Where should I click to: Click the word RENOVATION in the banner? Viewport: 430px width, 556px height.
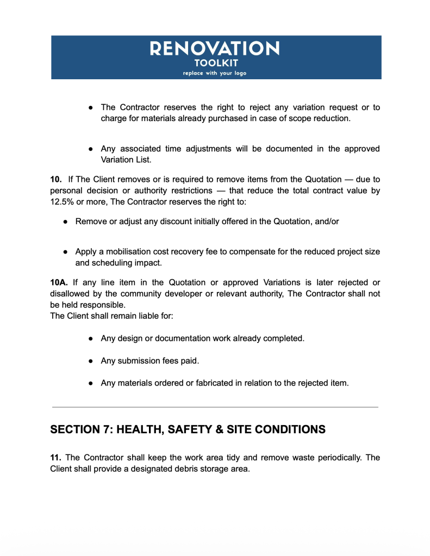pos(215,49)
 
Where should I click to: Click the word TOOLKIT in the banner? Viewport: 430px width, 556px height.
pos(215,63)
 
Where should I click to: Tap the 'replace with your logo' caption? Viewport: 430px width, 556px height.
pos(215,73)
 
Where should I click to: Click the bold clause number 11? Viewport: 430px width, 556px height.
pos(57,458)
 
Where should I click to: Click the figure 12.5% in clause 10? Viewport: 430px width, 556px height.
pos(64,201)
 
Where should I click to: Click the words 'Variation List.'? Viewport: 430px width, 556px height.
pos(123,160)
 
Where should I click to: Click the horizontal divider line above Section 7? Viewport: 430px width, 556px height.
pos(215,407)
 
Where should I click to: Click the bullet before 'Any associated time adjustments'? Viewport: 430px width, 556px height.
pos(92,149)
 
